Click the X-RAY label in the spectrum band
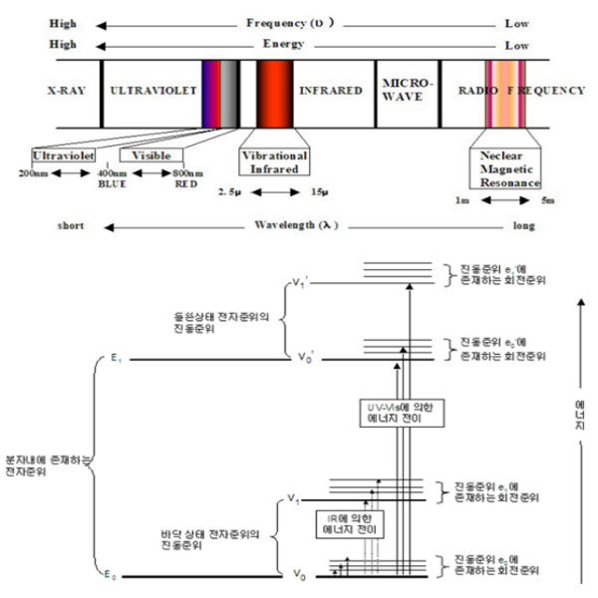(x=65, y=91)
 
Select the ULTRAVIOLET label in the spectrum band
(x=149, y=91)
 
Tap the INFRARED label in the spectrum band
(x=331, y=91)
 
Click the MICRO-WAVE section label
(x=404, y=90)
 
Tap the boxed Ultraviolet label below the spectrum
(x=64, y=157)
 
